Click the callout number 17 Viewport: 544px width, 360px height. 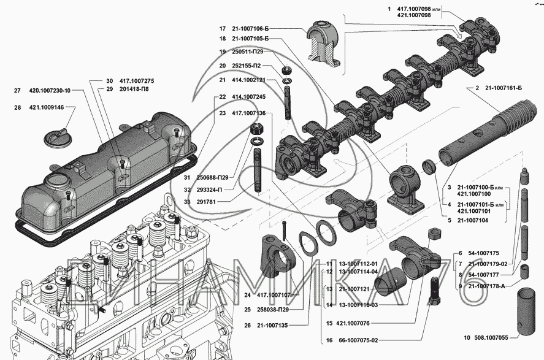(223, 28)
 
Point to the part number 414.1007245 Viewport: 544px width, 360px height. (248, 97)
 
